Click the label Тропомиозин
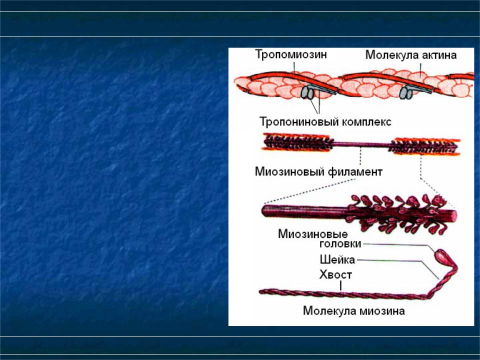click(291, 54)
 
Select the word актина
click(439, 55)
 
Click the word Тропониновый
click(299, 122)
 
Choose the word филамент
click(355, 171)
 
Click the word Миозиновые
click(313, 234)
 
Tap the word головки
click(340, 244)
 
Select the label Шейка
click(337, 260)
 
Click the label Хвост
click(335, 274)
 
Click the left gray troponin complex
click(307, 92)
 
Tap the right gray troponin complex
click(406, 93)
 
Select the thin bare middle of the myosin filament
click(361, 144)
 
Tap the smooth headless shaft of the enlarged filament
click(304, 211)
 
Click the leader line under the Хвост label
click(340, 285)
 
